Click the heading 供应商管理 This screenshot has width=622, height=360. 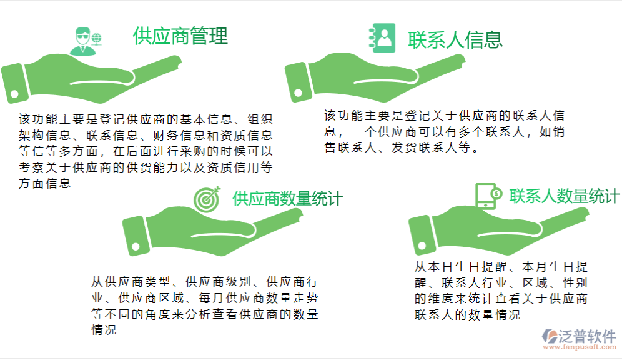pos(180,36)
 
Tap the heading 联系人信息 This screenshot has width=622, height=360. pos(455,39)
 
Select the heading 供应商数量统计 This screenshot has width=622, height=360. pos(287,199)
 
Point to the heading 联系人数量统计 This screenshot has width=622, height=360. pos(564,196)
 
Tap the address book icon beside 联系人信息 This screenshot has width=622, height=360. pos(382,37)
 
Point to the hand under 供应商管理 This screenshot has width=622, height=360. pos(94,81)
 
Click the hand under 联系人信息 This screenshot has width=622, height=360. pos(375,78)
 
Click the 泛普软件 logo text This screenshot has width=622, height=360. pos(588,336)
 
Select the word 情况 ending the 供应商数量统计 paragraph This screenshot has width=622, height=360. pos(104,330)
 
